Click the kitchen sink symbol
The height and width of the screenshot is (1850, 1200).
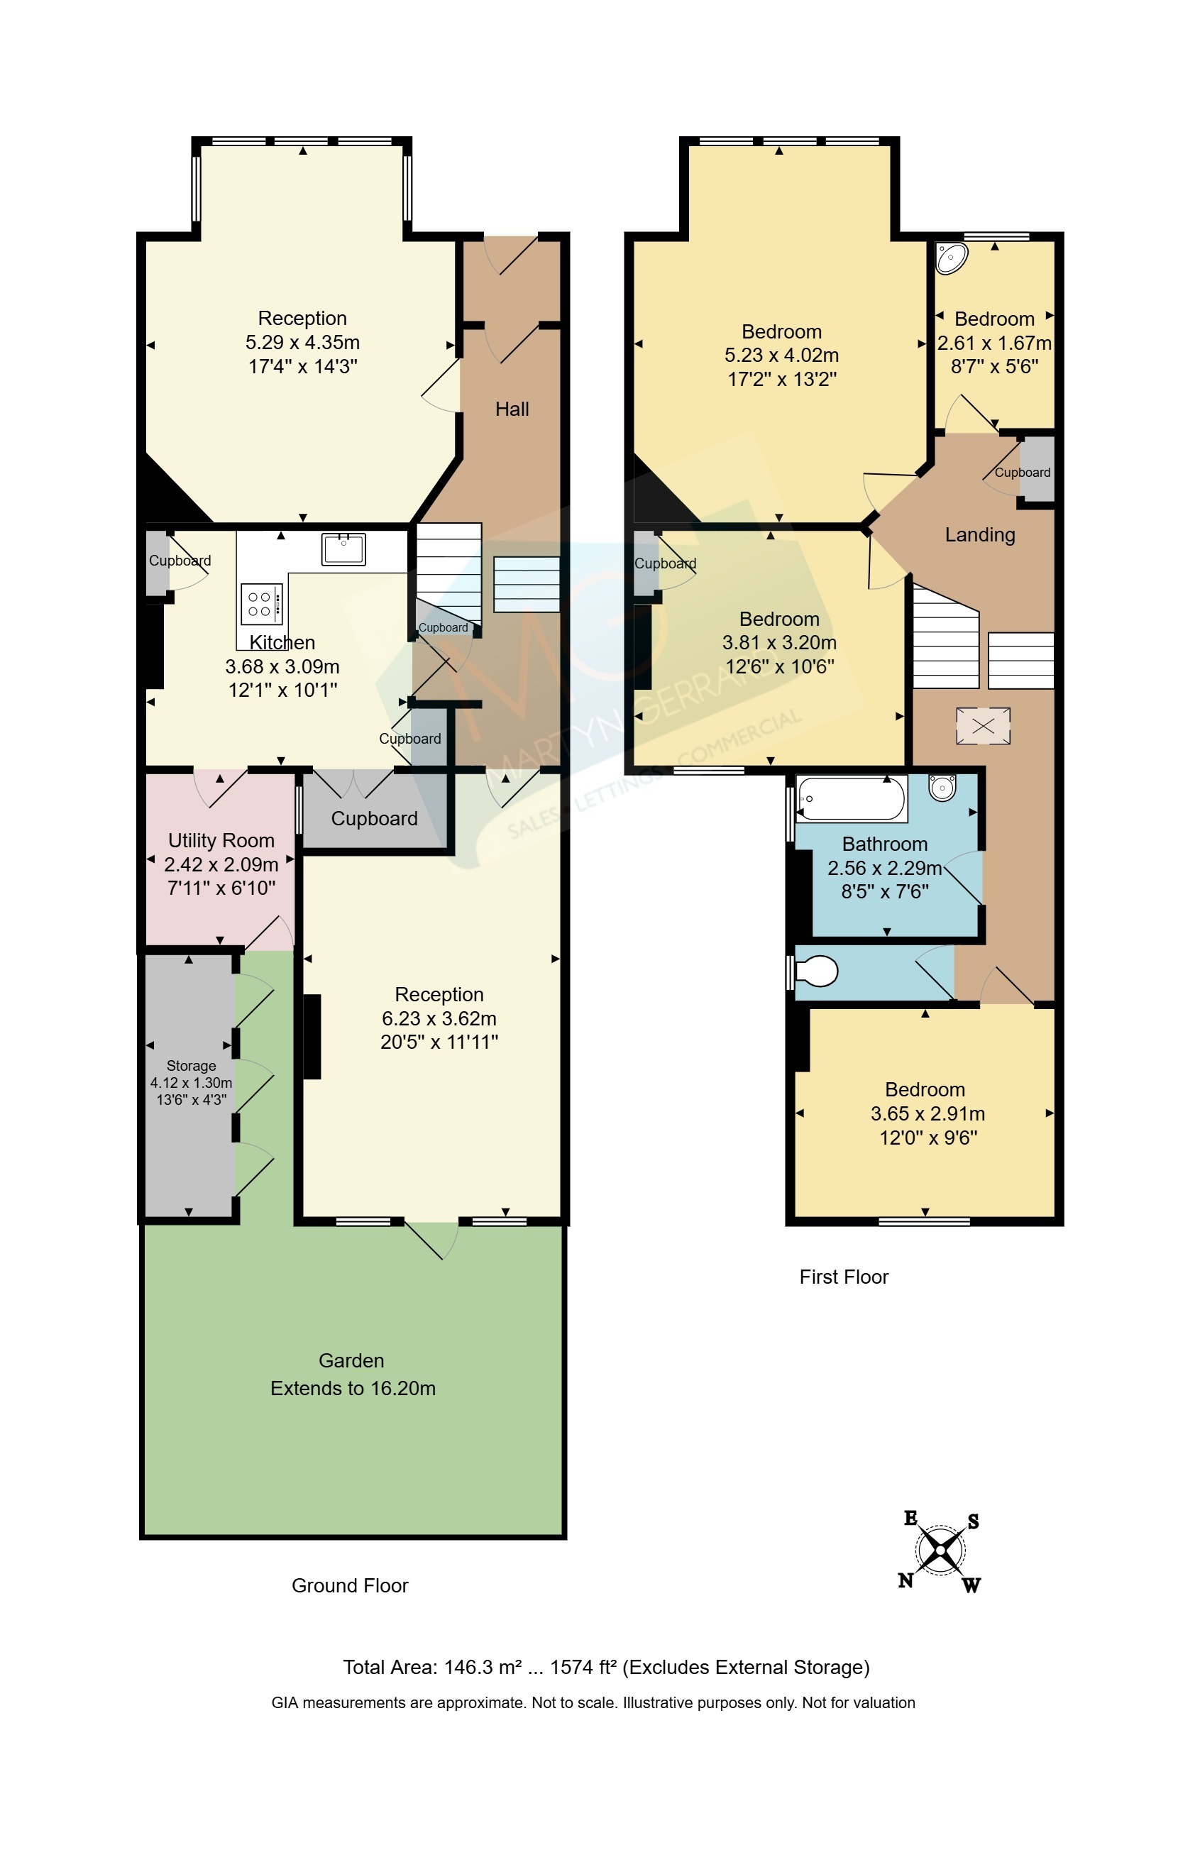pos(343,548)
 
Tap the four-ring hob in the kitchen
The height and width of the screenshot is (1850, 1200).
pos(261,603)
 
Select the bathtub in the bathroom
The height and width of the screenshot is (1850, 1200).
pos(850,798)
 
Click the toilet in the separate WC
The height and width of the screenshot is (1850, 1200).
pos(816,971)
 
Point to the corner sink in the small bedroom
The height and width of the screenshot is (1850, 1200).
pos(952,258)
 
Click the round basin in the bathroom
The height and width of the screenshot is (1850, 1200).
pos(942,788)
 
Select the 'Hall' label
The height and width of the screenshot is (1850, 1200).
pos(512,409)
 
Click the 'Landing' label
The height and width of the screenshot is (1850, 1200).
pos(980,535)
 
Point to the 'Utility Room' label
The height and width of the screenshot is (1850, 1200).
pos(221,840)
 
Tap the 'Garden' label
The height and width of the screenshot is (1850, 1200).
pos(351,1360)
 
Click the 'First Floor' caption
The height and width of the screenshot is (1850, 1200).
pos(844,1277)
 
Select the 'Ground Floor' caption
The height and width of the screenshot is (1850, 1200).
pos(350,1585)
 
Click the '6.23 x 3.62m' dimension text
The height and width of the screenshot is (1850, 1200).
pos(439,1018)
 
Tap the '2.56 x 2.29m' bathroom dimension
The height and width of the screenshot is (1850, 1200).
pos(884,867)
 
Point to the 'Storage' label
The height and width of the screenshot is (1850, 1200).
pos(191,1066)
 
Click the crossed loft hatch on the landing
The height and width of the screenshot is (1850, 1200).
pos(983,726)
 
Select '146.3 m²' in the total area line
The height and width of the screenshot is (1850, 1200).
pos(483,1666)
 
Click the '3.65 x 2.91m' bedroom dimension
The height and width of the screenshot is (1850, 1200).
pos(928,1113)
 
